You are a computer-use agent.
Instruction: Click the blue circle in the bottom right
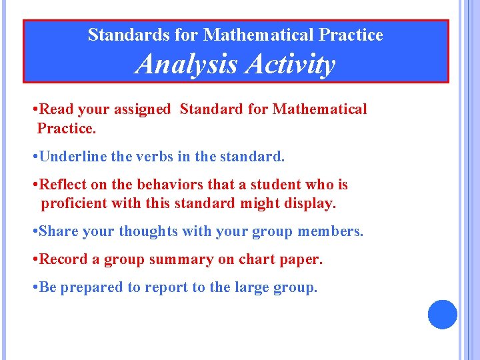442,314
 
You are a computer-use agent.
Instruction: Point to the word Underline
70,157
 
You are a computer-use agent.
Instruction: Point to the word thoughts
148,231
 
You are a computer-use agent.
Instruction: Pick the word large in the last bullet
255,287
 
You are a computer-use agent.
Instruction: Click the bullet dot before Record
34,259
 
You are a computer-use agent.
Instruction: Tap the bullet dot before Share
34,231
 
